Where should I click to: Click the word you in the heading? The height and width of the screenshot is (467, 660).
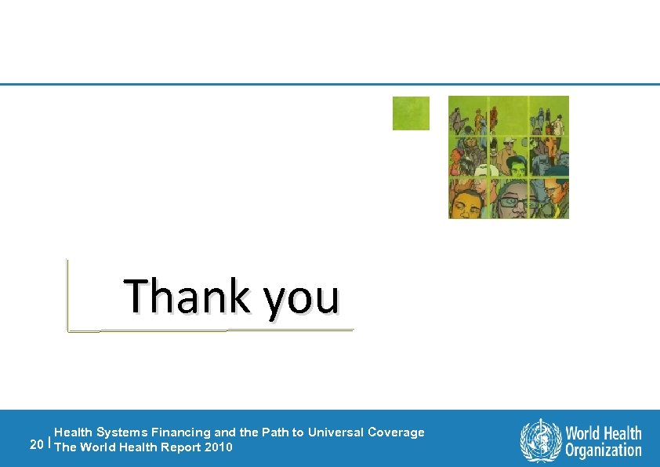tap(301, 298)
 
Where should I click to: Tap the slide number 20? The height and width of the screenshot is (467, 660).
tap(35, 444)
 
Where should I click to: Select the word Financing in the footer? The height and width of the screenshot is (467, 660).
tap(177, 432)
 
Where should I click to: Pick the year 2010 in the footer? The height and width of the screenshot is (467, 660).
tap(219, 447)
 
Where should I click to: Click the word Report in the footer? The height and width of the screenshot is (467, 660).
tap(180, 447)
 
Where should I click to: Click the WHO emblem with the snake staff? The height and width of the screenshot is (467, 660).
tap(541, 440)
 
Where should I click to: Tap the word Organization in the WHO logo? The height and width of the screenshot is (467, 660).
tap(604, 451)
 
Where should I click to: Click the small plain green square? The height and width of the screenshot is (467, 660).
tap(411, 113)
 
